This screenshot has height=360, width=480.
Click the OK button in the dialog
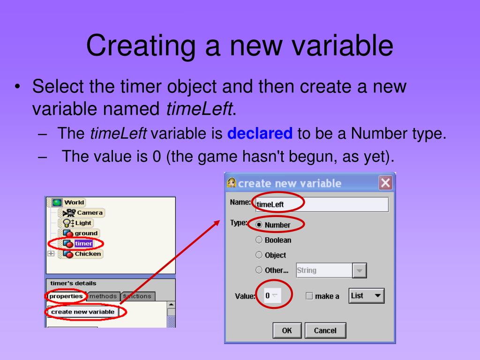(287, 330)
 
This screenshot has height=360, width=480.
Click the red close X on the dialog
(385, 183)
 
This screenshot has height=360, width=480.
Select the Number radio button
(259, 225)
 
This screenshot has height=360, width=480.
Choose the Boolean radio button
(259, 240)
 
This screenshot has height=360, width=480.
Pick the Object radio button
(259, 255)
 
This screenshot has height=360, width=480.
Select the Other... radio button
(259, 270)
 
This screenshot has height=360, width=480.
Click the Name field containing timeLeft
(322, 204)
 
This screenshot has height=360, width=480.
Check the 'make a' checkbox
(309, 296)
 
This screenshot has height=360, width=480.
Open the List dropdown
(367, 296)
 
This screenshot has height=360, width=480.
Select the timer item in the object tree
(83, 244)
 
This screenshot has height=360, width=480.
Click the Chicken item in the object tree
(88, 254)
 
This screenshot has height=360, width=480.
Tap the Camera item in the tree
(89, 213)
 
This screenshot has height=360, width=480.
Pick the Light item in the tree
(83, 223)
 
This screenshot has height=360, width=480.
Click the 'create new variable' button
(82, 312)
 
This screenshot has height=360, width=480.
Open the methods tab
(103, 296)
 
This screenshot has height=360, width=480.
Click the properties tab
(66, 296)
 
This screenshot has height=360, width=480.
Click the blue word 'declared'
(260, 134)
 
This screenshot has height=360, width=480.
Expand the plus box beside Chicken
(51, 254)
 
